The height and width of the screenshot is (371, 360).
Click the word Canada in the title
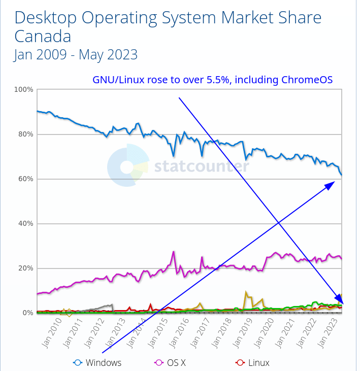[43, 37]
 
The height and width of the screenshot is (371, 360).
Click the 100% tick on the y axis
[24, 90]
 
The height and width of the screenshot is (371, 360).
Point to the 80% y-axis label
[25, 134]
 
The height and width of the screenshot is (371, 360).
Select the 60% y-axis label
[25, 179]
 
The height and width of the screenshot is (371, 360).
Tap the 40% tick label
[25, 224]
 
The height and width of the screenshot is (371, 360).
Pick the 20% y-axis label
[25, 268]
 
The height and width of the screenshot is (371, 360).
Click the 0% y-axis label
[27, 313]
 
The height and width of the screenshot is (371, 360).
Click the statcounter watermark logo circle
[127, 165]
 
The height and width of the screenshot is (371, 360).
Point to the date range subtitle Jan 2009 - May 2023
[76, 54]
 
